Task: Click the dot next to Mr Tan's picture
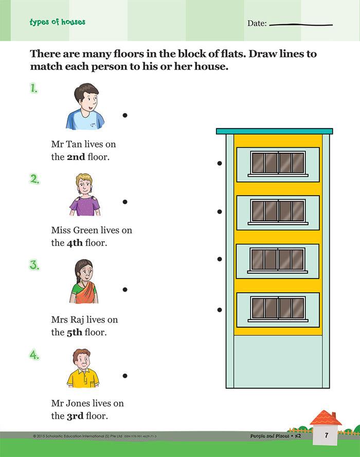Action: point(125,115)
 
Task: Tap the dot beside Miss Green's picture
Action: point(125,202)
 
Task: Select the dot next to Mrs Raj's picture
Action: point(125,289)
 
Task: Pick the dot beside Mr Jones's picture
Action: point(125,376)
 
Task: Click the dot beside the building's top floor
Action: point(220,163)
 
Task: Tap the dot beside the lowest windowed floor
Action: point(220,310)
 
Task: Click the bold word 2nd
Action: point(76,157)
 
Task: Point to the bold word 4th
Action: point(75,243)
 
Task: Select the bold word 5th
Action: point(75,332)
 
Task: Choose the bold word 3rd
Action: point(75,416)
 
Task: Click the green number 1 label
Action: point(34,88)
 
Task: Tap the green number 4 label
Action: point(34,355)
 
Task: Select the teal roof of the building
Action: point(274,131)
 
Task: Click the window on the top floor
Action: point(278,163)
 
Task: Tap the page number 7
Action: point(327,435)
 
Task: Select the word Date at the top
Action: point(257,23)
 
